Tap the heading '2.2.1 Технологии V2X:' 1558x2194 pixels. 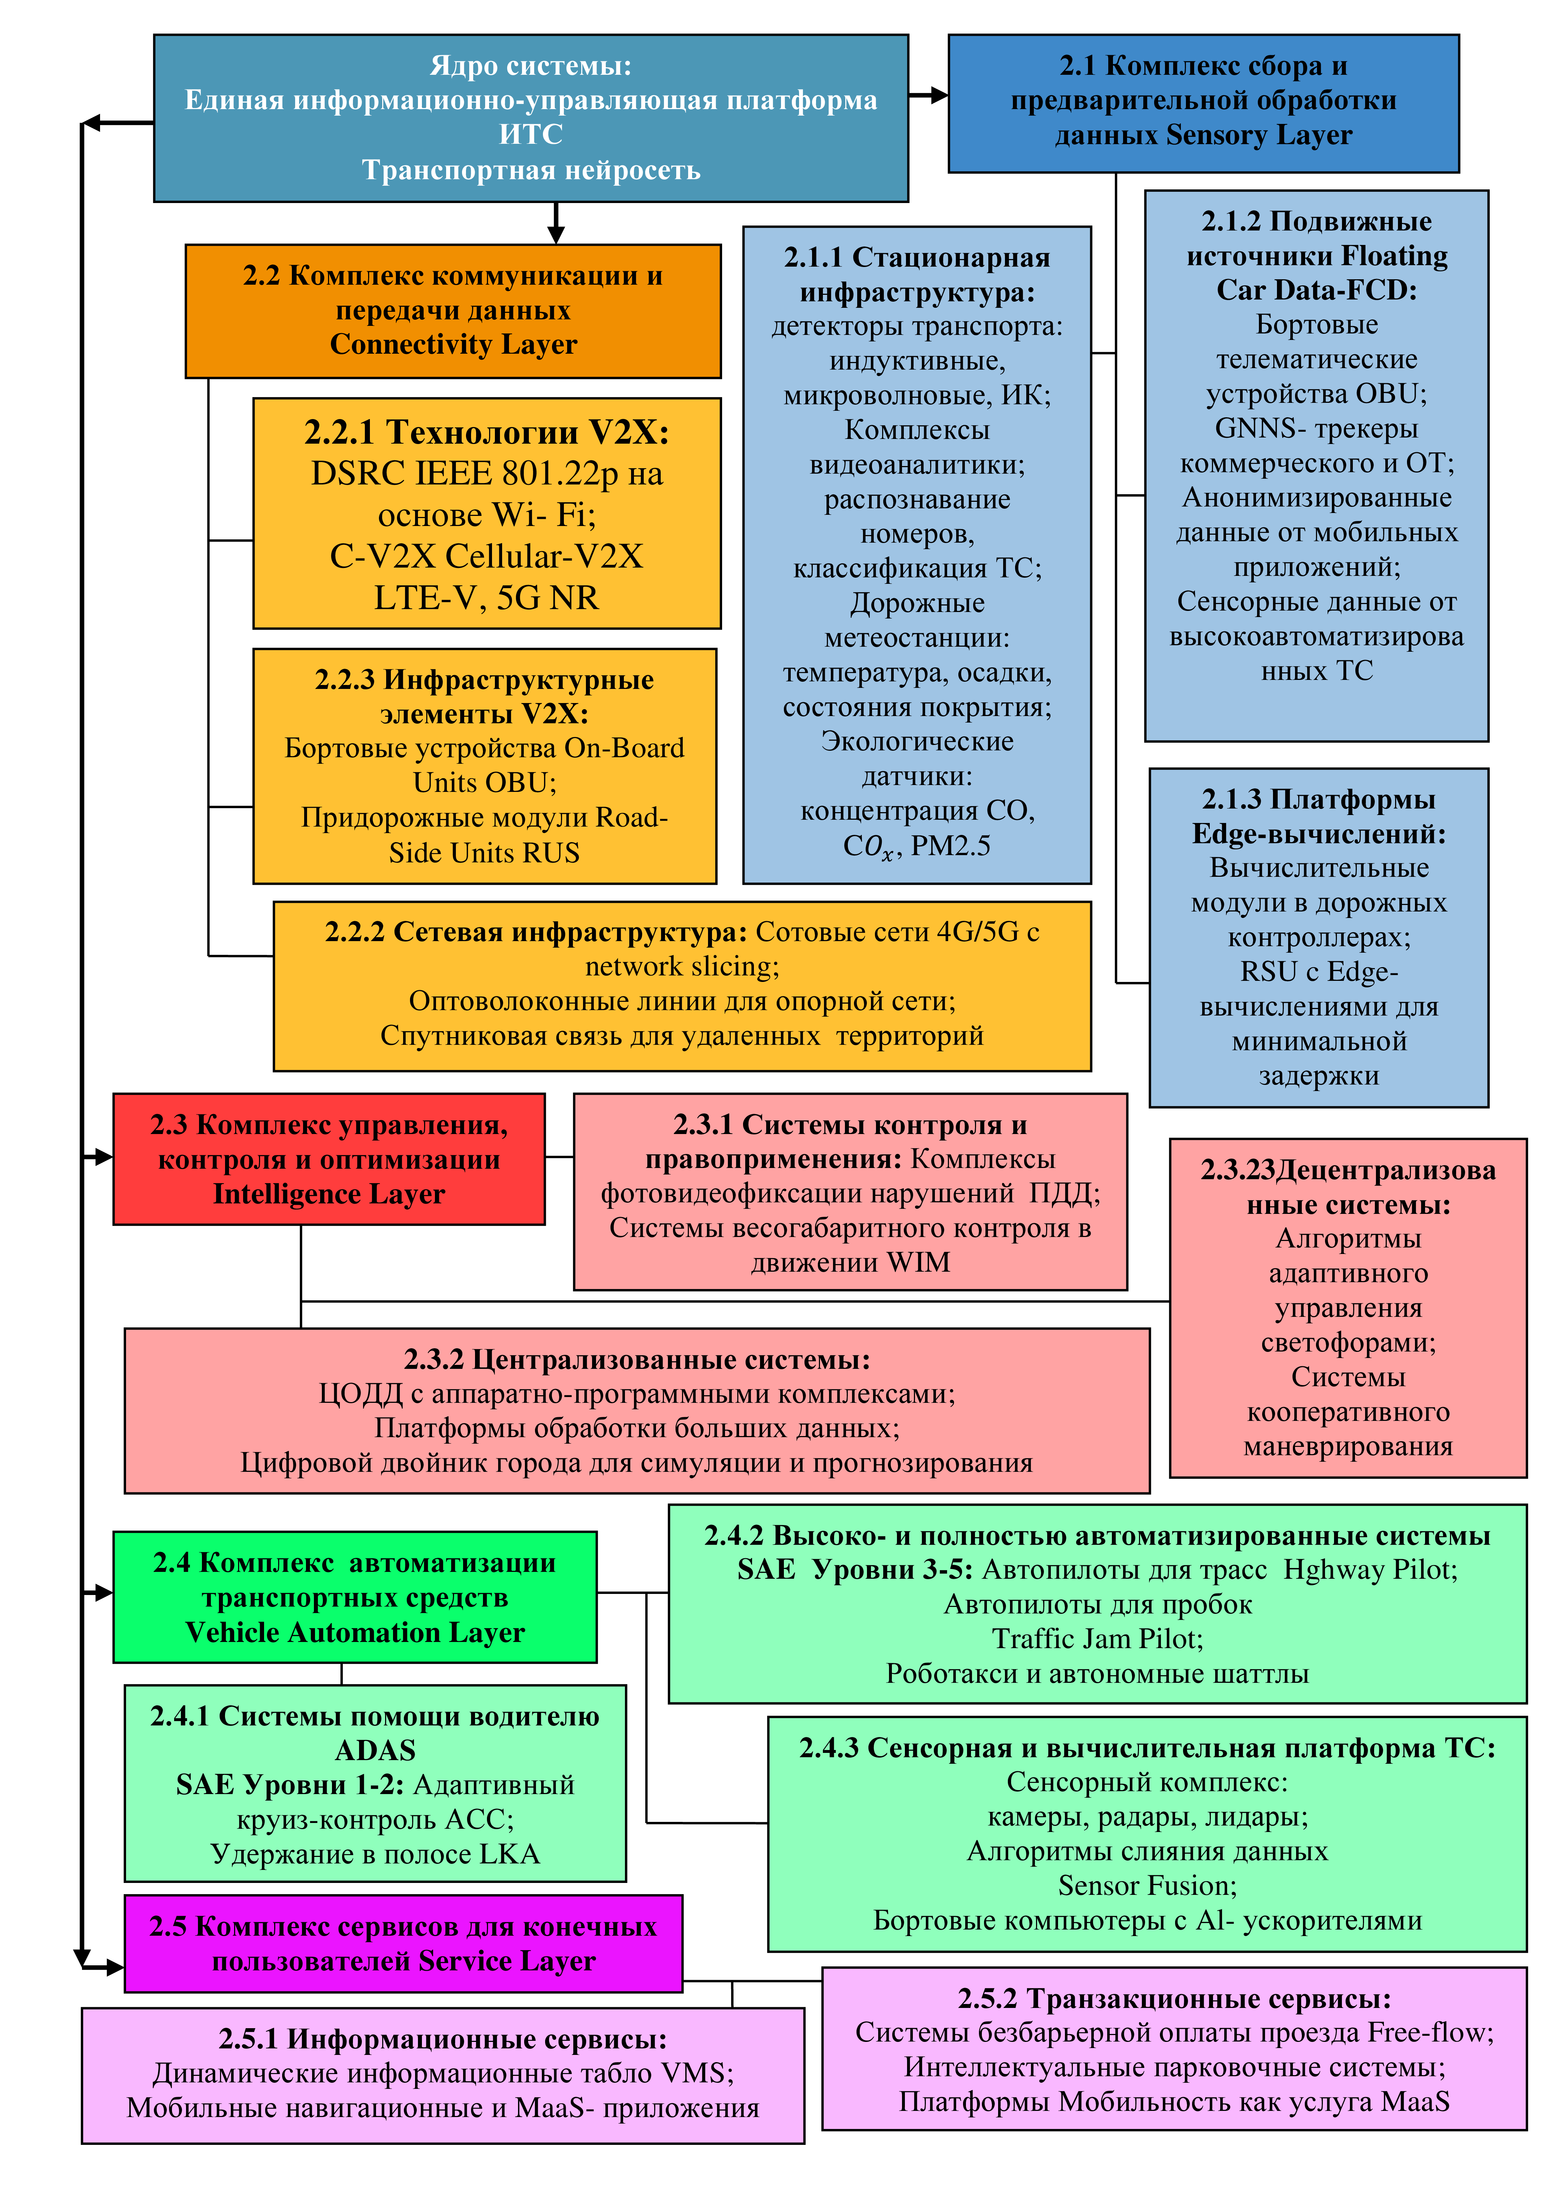[x=486, y=433]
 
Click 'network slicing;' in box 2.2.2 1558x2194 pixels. [x=682, y=966]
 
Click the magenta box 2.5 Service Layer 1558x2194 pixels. [x=403, y=1944]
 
